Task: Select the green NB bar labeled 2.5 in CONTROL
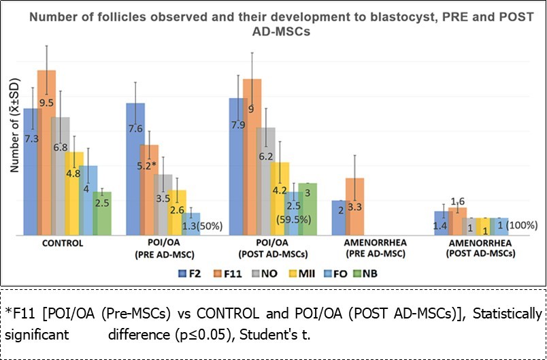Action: tap(102, 214)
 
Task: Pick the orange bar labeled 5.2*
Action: tap(149, 191)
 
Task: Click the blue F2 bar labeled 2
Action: tap(340, 218)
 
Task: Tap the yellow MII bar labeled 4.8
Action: tap(74, 193)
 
